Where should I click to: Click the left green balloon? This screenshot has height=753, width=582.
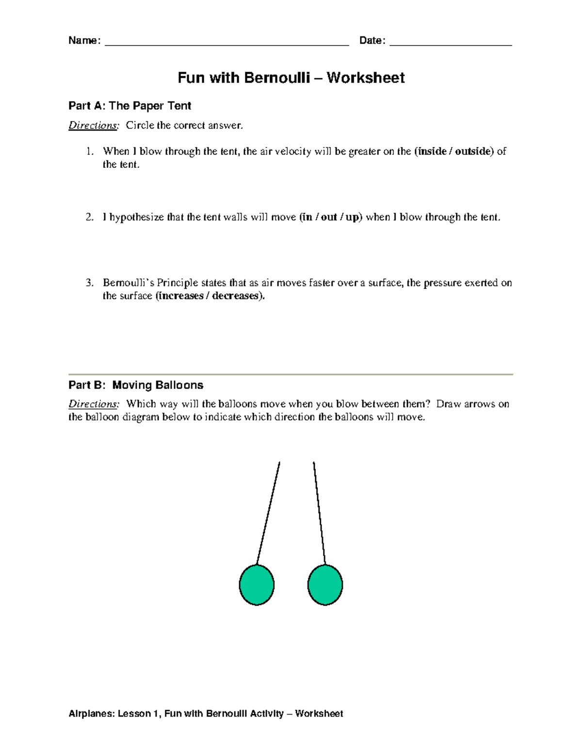[257, 585]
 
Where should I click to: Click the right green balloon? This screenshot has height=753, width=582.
[325, 585]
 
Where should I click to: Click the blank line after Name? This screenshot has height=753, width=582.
[226, 41]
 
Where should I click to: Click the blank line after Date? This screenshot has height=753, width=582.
[451, 41]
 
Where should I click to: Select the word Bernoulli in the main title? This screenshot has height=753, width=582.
[277, 78]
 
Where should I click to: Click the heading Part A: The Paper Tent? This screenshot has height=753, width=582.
[130, 106]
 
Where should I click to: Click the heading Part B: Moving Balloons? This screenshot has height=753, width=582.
[136, 385]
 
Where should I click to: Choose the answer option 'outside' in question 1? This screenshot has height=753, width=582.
[473, 151]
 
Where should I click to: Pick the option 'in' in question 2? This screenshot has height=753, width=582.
[307, 217]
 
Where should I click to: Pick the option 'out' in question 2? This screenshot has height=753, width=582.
[329, 217]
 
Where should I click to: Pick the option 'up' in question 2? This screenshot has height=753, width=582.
[352, 218]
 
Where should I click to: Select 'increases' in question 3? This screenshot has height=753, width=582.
[181, 296]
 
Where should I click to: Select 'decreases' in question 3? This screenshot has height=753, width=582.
[235, 296]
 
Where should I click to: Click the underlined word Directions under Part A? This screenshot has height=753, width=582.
[93, 126]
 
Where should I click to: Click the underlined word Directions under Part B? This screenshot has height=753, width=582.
[93, 404]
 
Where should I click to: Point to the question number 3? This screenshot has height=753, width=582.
[89, 283]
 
